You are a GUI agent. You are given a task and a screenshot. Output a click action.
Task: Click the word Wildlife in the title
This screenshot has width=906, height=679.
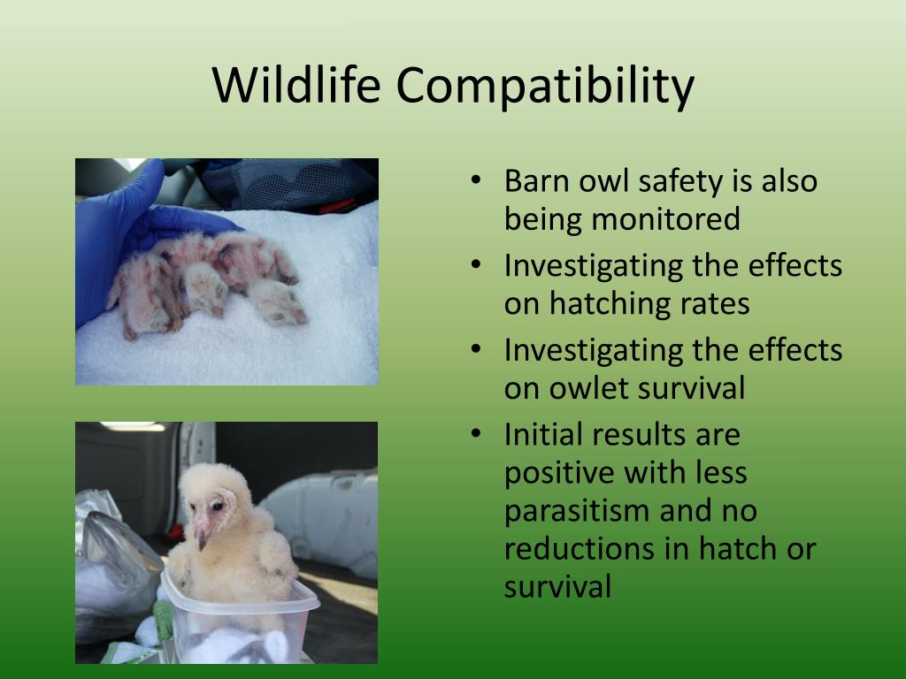pos(296,85)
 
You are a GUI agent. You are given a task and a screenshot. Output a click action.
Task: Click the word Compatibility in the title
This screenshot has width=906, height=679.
pos(545,88)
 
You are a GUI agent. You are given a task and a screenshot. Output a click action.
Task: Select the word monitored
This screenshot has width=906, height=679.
pos(665,219)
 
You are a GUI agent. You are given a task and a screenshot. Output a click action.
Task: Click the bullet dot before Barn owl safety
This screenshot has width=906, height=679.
pos(475,180)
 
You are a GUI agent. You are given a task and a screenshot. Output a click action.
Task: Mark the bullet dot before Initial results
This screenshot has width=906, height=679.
pos(475,434)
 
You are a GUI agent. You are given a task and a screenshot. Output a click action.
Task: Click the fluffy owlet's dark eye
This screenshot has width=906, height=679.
pos(217,506)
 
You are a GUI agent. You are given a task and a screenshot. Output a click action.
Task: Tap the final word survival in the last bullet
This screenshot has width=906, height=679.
pos(557,587)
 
